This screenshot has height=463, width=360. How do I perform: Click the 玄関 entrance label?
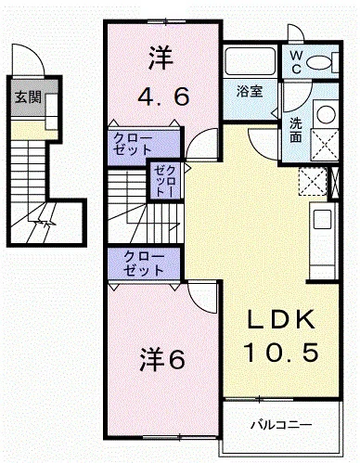click(29, 97)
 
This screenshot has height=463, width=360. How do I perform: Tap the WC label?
click(296, 62)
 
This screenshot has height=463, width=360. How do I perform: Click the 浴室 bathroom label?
click(250, 92)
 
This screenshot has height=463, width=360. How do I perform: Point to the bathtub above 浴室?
click(250, 61)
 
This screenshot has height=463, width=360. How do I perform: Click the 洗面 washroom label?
click(296, 131)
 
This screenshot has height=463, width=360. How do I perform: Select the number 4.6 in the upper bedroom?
click(163, 96)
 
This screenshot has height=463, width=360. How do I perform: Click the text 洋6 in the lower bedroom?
click(162, 359)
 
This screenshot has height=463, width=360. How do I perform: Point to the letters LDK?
click(281, 319)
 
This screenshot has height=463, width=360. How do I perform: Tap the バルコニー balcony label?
click(281, 425)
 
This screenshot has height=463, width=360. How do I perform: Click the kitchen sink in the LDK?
click(322, 219)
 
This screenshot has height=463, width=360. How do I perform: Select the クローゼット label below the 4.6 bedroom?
click(133, 144)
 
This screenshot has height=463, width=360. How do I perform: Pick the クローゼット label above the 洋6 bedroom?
click(144, 264)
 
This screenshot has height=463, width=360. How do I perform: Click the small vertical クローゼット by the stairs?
click(165, 181)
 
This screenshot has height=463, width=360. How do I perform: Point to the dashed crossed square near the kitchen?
click(313, 182)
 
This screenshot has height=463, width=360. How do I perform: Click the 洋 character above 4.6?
click(161, 58)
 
